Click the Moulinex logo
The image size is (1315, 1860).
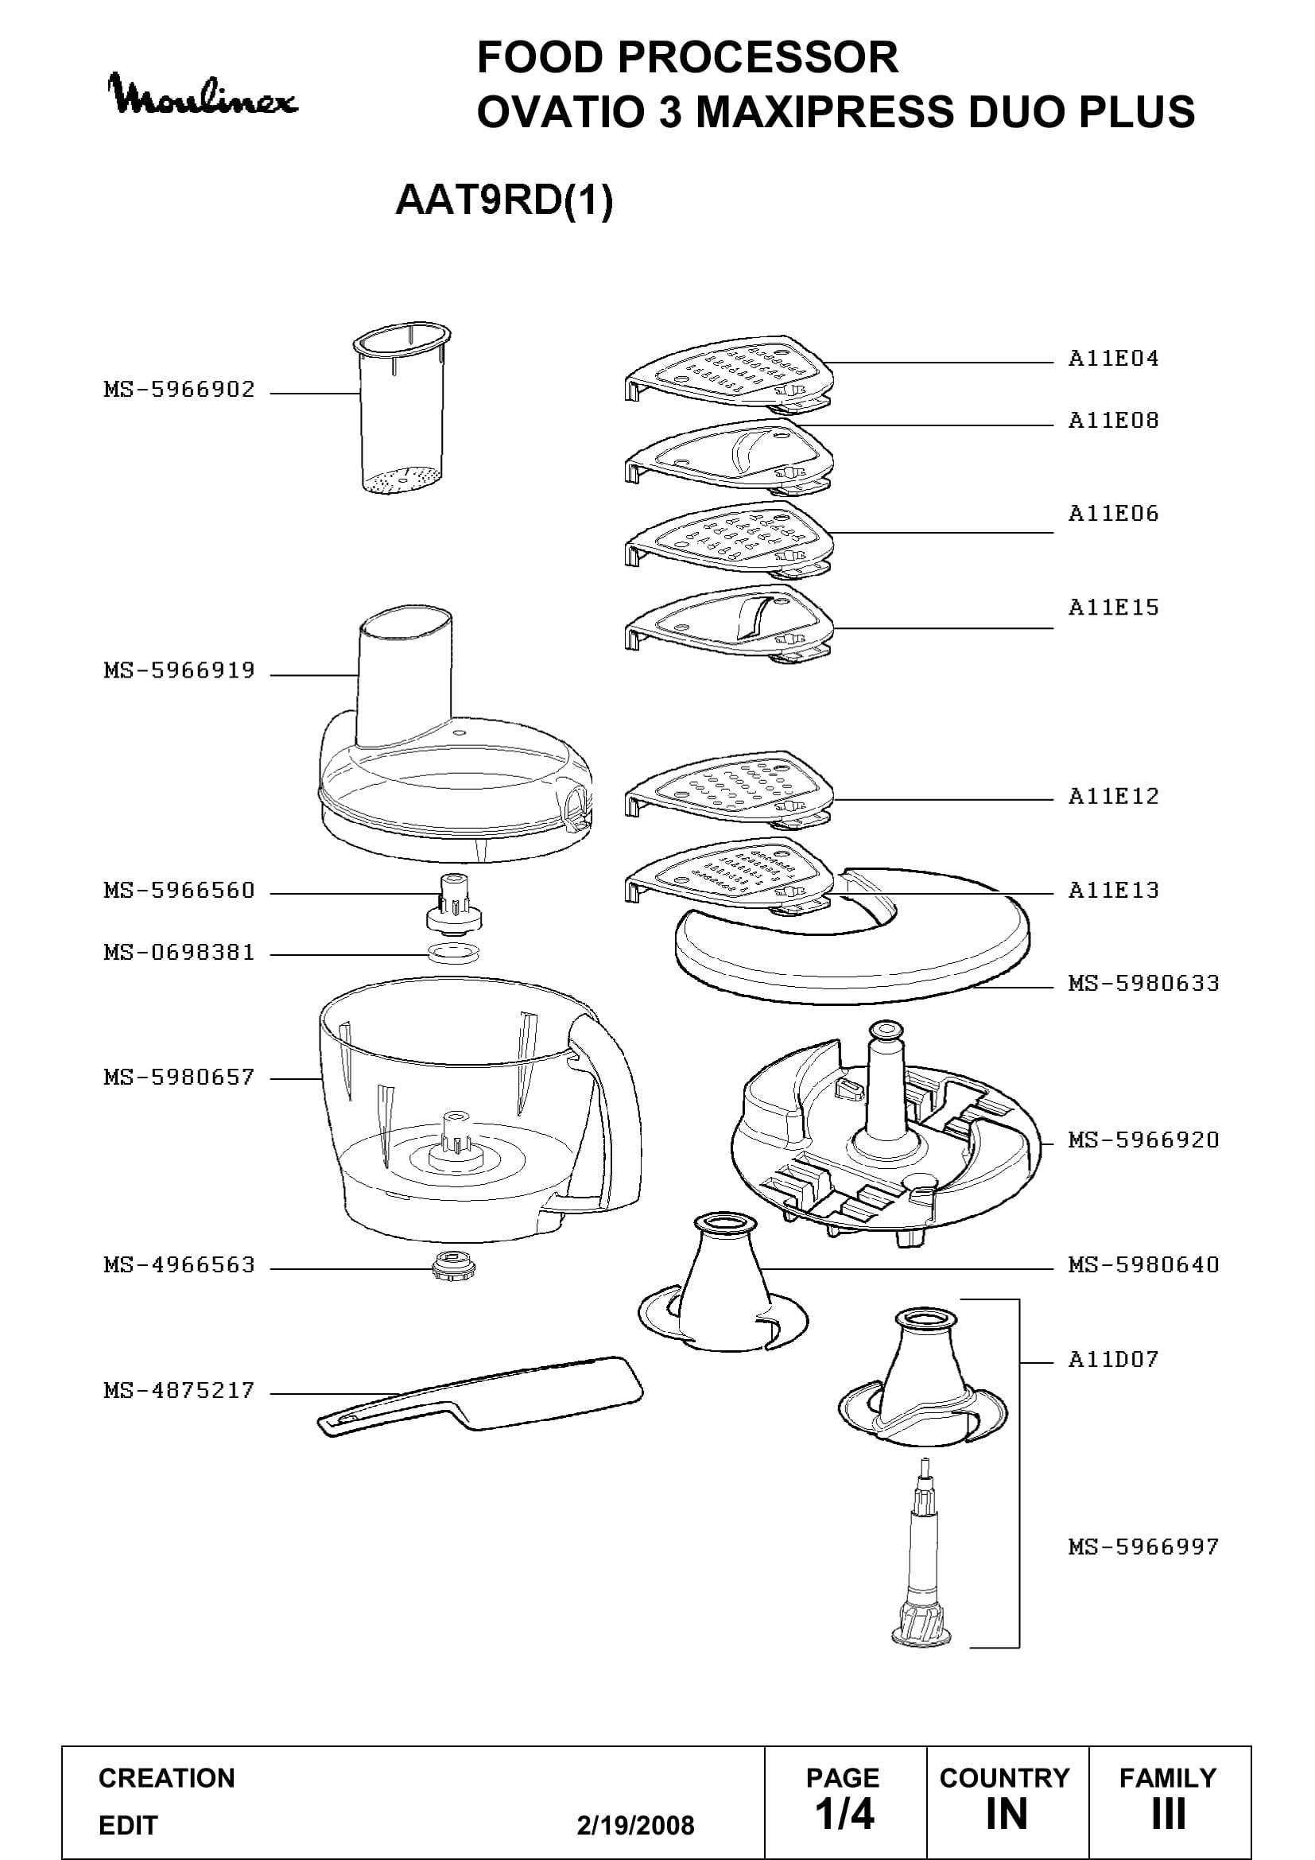pyautogui.click(x=203, y=95)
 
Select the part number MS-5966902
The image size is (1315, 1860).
pyautogui.click(x=179, y=390)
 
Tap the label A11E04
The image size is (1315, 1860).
pyautogui.click(x=1113, y=358)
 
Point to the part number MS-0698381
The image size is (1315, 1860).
pyautogui.click(x=179, y=953)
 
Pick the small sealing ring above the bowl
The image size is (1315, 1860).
pyautogui.click(x=453, y=953)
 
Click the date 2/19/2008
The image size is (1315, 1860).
pyautogui.click(x=636, y=1825)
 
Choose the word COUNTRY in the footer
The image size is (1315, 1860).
pyautogui.click(x=1005, y=1778)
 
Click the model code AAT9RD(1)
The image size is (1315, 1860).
pyautogui.click(x=503, y=200)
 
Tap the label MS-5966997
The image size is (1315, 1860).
pyautogui.click(x=1143, y=1547)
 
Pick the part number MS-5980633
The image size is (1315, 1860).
pyautogui.click(x=1143, y=984)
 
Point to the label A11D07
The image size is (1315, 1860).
pyautogui.click(x=1113, y=1358)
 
